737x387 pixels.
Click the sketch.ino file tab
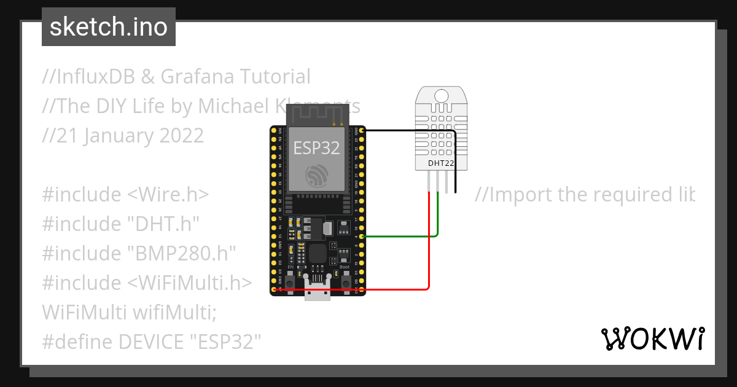tap(108, 27)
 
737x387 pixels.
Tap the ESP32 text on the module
tap(316, 148)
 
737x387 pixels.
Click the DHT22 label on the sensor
tap(441, 163)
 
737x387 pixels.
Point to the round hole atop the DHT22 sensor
tap(441, 95)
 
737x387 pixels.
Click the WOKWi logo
tap(652, 338)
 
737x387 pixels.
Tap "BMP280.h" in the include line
tap(182, 254)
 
